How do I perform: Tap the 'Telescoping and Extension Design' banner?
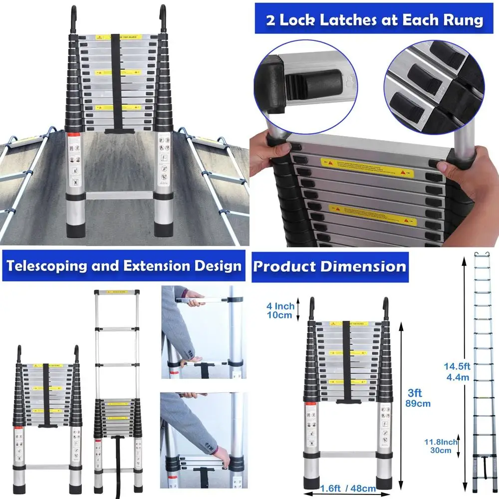coord(124,265)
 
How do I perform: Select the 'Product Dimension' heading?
coord(330,266)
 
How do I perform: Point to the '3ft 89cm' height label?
coord(418,398)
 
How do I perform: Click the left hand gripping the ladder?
coord(269,150)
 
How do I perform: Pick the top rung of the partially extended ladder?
coord(116,292)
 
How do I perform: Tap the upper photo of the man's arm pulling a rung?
coord(202,332)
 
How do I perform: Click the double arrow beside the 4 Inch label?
coord(298,310)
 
